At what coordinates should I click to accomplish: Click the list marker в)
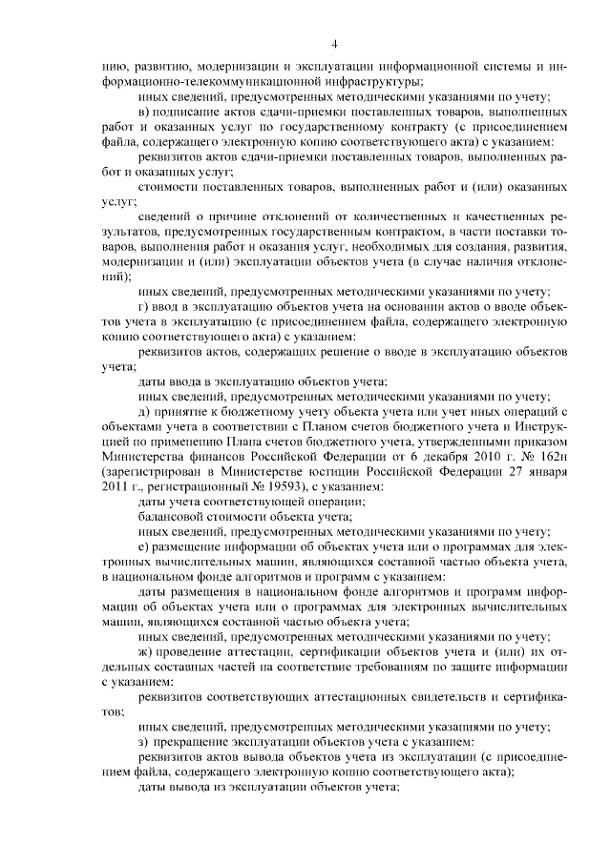click(144, 114)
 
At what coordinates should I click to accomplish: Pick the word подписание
click(192, 114)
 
